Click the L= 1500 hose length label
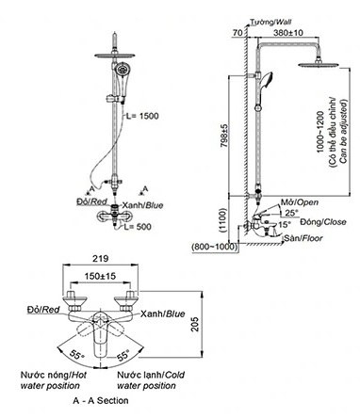(x=142, y=116)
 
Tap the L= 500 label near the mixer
(x=138, y=227)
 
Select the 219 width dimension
(x=101, y=258)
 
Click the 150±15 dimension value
(x=100, y=276)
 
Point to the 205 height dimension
(x=195, y=324)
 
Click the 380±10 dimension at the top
(x=288, y=32)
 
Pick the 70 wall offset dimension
(x=238, y=33)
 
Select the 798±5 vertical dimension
(x=224, y=136)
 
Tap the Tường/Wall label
(x=270, y=22)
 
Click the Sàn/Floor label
(x=303, y=238)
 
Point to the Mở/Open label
(x=299, y=202)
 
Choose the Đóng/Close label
(x=323, y=222)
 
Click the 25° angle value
(x=292, y=213)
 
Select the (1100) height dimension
(x=222, y=220)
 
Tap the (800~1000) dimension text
(x=215, y=247)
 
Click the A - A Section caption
(x=101, y=400)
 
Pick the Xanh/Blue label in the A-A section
(x=162, y=313)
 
